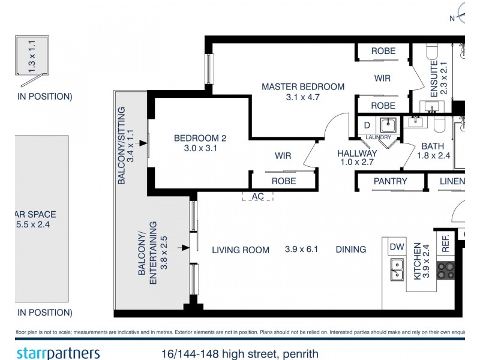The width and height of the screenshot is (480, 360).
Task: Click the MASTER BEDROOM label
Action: coord(303,87)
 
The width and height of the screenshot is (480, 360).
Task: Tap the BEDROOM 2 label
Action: coord(200,139)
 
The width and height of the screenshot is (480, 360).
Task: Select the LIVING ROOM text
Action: coord(241,250)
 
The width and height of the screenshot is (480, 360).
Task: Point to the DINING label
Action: coord(351,250)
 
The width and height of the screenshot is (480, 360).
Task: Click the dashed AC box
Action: coord(258,196)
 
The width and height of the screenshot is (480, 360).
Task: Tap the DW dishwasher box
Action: coord(397,247)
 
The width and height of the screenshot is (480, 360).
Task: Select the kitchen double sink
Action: coord(397,270)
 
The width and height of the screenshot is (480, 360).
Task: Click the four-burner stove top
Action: coord(446,271)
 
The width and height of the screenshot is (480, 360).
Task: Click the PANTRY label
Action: coord(391,181)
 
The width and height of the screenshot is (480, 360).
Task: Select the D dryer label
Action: coord(367,125)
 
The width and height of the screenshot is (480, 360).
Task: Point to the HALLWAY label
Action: coord(357,154)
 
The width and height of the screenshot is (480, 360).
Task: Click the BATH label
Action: coord(432,146)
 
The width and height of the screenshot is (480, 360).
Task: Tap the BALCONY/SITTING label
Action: coord(122,145)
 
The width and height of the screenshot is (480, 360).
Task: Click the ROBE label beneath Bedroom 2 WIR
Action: coord(283,181)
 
